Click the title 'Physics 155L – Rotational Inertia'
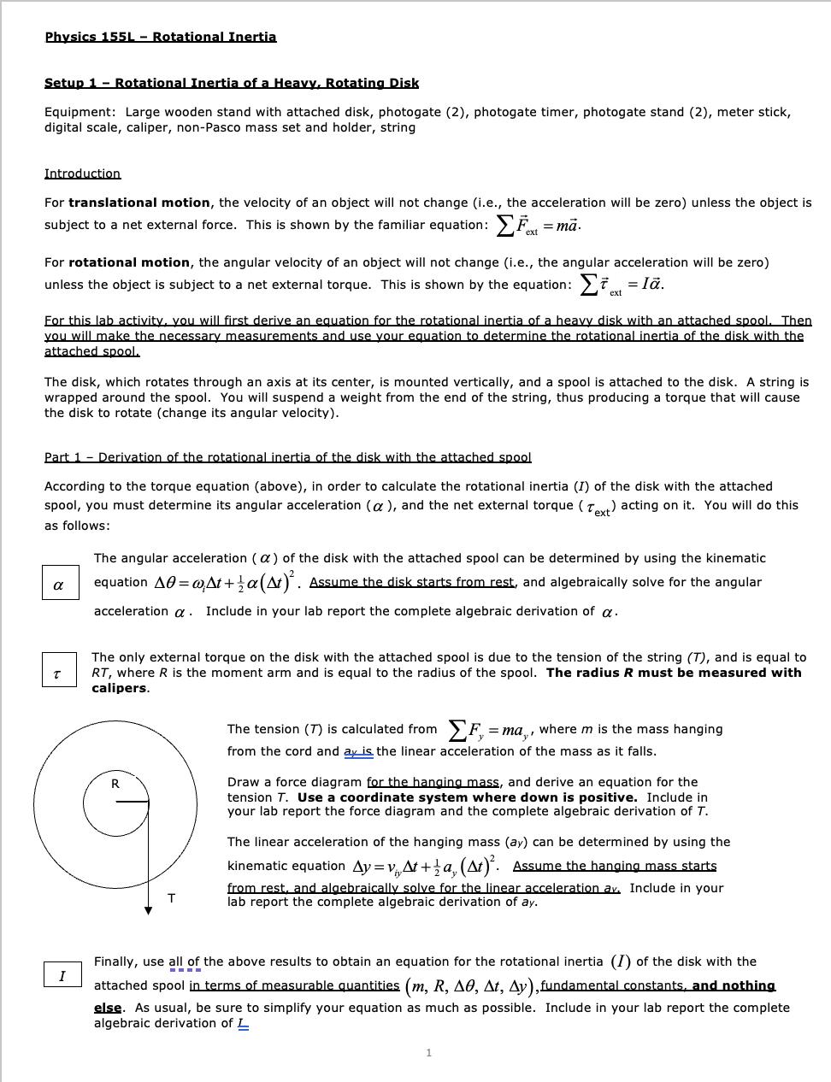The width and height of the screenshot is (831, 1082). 161,37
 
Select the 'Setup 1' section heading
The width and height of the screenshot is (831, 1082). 231,83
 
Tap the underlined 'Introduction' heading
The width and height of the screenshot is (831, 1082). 82,173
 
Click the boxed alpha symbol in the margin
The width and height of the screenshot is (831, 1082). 59,585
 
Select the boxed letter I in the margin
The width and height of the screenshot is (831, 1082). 62,976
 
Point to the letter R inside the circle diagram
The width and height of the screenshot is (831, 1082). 115,784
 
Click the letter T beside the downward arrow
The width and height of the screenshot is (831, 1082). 172,898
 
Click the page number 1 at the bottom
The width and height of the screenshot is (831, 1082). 428,1053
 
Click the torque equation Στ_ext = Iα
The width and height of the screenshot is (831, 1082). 622,285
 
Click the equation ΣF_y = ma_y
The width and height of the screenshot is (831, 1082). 489,731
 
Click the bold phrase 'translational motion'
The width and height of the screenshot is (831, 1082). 138,203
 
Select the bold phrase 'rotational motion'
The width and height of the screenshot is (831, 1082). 129,262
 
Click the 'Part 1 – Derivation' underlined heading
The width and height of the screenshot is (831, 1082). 287,457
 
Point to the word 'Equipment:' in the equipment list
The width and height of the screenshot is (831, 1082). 80,112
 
